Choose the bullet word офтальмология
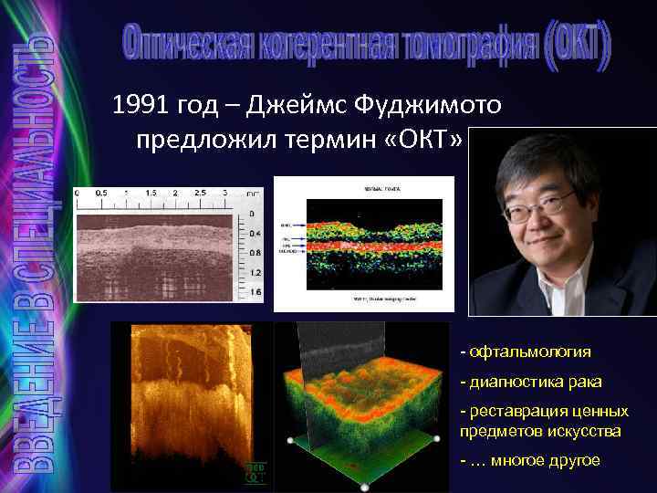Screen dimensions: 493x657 tap(530, 351)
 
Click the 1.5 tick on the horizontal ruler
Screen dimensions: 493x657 tap(150, 194)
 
